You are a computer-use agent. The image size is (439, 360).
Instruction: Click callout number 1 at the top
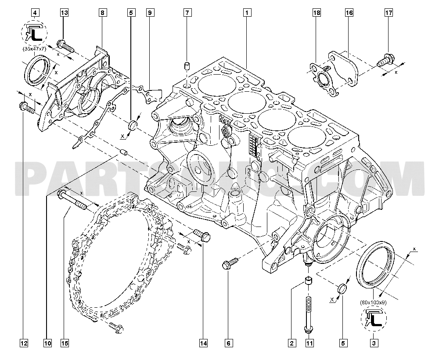coord(248,13)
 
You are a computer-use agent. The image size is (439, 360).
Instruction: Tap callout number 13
coord(64,13)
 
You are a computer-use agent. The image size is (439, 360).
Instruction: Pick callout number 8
coord(102,13)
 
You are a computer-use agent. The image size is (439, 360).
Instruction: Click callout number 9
coord(150,13)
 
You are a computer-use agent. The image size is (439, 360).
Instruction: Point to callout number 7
coord(187,13)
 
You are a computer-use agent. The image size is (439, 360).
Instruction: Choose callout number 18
coord(317,13)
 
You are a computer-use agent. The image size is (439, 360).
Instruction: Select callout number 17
coord(389,13)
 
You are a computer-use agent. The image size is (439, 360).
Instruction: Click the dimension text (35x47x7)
coord(35,50)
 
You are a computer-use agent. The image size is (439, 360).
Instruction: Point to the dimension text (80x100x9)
coord(373,302)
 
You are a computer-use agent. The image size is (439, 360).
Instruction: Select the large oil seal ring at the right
coord(377,265)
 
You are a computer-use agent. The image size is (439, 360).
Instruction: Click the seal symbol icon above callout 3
coord(373,318)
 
